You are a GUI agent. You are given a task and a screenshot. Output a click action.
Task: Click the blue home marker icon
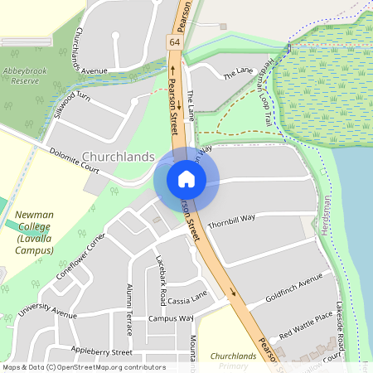(186, 178)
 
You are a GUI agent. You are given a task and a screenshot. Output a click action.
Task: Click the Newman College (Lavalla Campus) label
(36, 226)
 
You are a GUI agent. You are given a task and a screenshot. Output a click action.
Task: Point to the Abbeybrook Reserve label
(22, 75)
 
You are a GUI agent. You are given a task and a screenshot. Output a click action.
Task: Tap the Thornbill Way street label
(231, 218)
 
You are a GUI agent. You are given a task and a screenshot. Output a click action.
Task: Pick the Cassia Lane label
(186, 299)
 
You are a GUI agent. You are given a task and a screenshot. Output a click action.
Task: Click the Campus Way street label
(171, 318)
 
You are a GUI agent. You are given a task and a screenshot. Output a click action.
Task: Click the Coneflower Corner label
(81, 257)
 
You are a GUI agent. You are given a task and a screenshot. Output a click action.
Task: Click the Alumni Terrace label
(128, 309)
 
